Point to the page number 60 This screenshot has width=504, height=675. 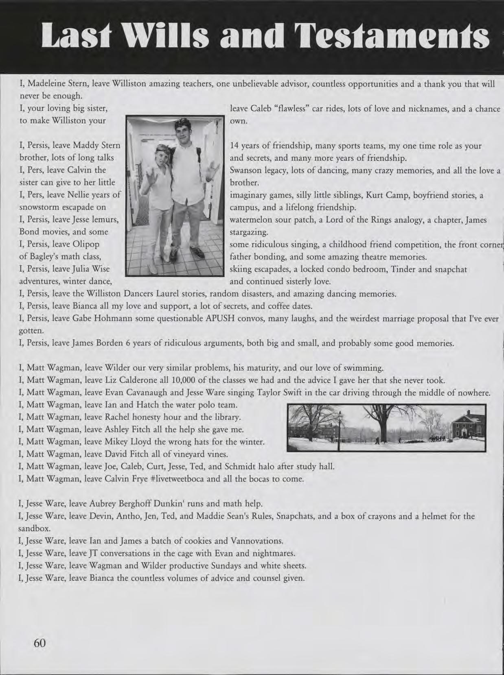(x=40, y=642)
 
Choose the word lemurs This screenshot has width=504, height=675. (x=106, y=220)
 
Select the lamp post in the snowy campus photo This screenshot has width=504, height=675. (x=339, y=429)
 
